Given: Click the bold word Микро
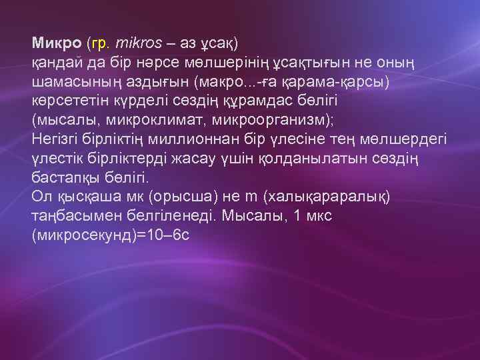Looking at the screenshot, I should [x=57, y=43].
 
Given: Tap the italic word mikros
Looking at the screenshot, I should [x=139, y=43].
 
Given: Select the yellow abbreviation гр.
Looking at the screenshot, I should [x=100, y=43].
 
